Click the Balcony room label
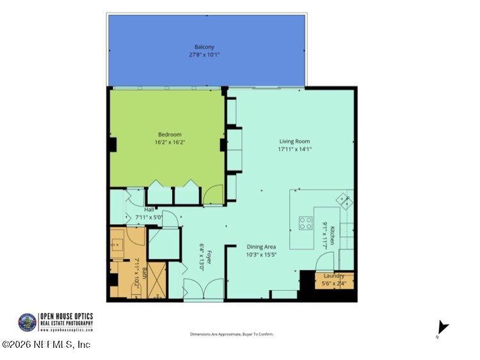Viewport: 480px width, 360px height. point(204,47)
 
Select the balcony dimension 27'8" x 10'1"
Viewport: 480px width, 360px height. point(204,54)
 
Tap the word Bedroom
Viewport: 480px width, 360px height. point(170,135)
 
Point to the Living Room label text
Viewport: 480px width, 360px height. point(294,142)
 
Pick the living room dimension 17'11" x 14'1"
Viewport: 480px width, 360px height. point(294,149)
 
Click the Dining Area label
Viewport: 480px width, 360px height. point(261,247)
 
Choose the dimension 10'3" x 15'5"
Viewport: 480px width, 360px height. point(261,254)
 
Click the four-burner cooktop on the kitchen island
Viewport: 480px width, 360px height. point(306,224)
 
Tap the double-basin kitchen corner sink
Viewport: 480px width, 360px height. point(344,201)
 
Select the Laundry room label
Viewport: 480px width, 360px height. point(334,276)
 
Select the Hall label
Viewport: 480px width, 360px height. point(148,209)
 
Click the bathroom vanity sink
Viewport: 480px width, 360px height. point(118,243)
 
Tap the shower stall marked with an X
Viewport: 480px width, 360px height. point(157,280)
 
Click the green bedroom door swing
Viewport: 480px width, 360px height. point(213,194)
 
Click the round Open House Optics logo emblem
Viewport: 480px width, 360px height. point(28,322)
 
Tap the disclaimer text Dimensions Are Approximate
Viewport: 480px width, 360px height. point(232,334)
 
